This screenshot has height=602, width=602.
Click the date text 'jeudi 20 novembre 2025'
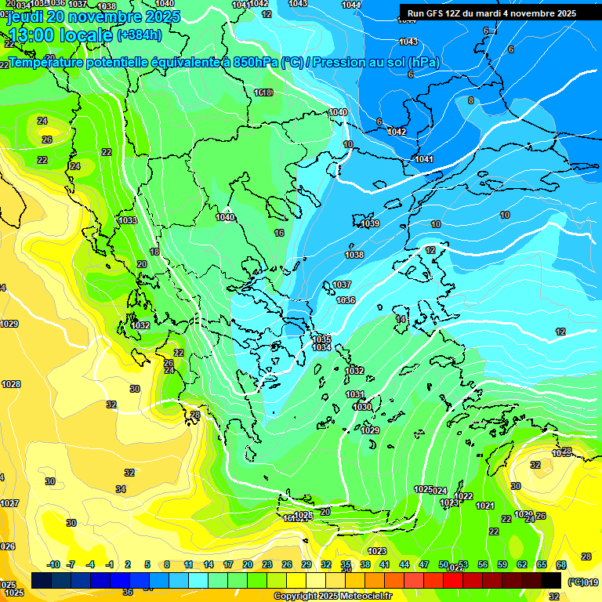point(93,16)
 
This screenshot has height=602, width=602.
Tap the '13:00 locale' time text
point(60,35)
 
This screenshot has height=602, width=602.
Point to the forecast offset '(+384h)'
point(140,35)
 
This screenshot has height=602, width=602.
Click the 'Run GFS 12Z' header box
point(491,13)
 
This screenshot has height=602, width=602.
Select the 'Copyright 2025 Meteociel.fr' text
point(332,596)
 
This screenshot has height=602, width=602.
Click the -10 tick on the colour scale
point(53,564)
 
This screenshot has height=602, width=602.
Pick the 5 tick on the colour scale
point(147,564)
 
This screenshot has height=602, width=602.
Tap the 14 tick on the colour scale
point(209,564)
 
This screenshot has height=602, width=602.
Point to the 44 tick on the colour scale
point(404,564)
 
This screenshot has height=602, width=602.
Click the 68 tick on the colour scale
point(561,564)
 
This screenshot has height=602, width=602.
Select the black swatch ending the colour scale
point(551,580)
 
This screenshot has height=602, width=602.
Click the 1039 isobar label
point(370,224)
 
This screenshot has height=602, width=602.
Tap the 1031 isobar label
point(355,394)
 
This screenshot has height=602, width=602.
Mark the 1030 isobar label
point(362,407)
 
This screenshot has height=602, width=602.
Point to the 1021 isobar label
point(485,506)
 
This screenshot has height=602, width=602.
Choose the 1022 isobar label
point(463,496)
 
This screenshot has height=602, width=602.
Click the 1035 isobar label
point(321,339)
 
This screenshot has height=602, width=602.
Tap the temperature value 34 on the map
point(121,489)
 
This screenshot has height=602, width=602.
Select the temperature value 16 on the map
point(279,234)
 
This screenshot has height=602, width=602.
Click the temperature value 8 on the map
point(470,100)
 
